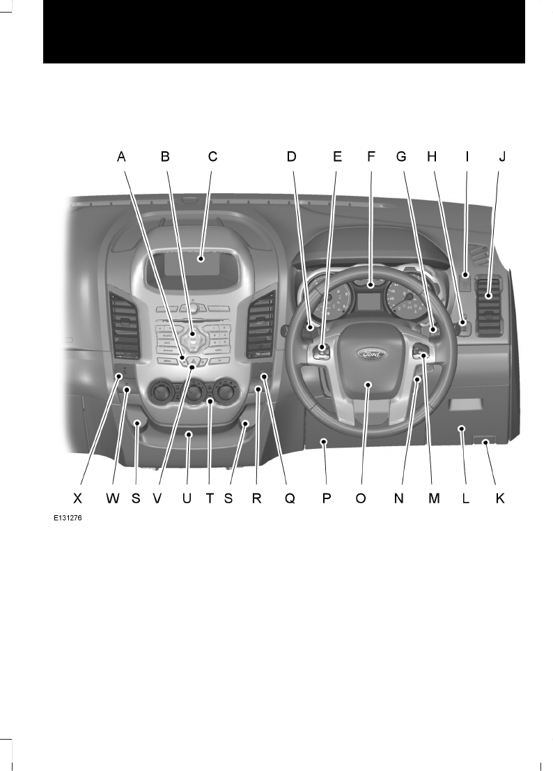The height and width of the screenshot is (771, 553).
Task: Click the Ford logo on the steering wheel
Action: pyautogui.click(x=369, y=353)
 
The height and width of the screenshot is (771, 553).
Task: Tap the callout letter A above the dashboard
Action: pyautogui.click(x=121, y=158)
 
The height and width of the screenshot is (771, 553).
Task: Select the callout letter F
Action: pyautogui.click(x=371, y=158)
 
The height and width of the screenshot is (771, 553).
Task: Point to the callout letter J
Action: pyautogui.click(x=501, y=158)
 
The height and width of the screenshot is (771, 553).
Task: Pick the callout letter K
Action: pyautogui.click(x=499, y=499)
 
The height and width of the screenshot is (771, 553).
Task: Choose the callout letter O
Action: pyautogui.click(x=360, y=499)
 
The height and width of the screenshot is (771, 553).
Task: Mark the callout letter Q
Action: pyautogui.click(x=290, y=499)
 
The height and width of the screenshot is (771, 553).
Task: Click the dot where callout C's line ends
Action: pyautogui.click(x=201, y=259)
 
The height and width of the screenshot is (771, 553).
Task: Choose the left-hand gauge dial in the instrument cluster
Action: pyautogui.click(x=329, y=301)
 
